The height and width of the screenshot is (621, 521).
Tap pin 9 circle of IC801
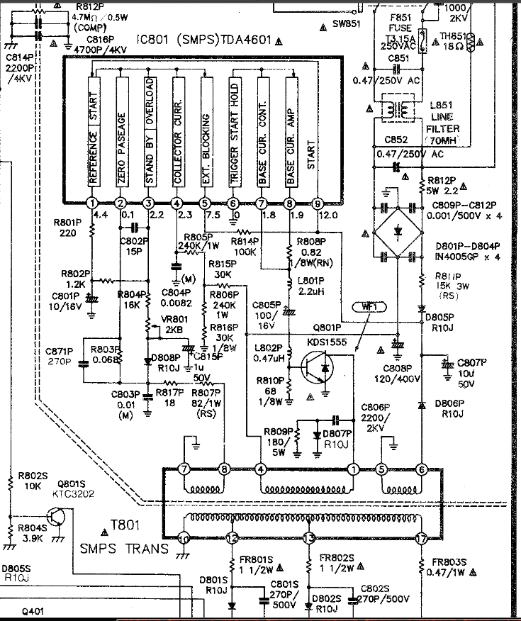pos(318,202)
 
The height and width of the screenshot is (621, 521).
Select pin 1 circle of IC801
pos(91,202)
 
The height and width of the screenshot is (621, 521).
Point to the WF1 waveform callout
pos(368,307)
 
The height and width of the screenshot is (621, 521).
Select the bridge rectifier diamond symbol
pos(397,232)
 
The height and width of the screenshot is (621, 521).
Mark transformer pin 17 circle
pos(422,539)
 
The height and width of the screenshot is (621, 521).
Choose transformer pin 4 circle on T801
pos(261,469)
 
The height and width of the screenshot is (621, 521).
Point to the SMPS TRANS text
pos(124,549)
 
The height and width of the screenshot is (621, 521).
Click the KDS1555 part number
pos(326,342)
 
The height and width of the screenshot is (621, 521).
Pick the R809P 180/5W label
pos(277,441)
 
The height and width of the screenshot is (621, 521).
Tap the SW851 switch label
pos(347,23)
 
